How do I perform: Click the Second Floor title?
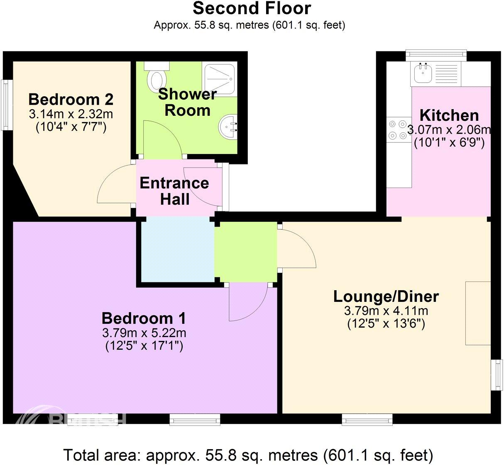point(252,8)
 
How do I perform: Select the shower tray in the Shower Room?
point(219,78)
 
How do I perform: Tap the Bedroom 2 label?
point(71,100)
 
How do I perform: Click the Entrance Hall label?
point(174,191)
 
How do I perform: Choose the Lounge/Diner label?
point(386,296)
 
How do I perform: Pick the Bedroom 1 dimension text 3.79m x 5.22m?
point(144,333)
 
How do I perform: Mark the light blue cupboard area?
point(177,252)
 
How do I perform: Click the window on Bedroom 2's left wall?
point(6,105)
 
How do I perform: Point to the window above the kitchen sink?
point(436,54)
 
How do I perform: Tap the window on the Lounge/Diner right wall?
point(496,375)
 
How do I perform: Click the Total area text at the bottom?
point(248,455)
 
